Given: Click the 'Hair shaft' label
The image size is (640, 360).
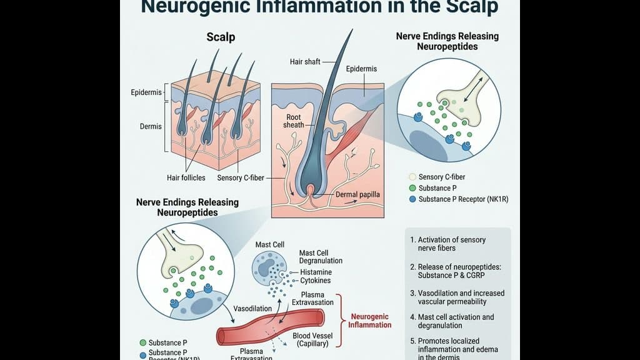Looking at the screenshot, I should pyautogui.click(x=306, y=61).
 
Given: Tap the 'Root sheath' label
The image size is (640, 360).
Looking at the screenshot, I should pyautogui.click(x=294, y=121).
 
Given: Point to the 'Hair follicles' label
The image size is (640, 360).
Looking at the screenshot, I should pyautogui.click(x=186, y=177).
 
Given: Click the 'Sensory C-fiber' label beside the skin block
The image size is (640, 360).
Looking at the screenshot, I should pyautogui.click(x=241, y=177).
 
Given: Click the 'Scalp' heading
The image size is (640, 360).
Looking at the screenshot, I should pyautogui.click(x=221, y=37).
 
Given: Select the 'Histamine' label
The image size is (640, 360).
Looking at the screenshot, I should pyautogui.click(x=316, y=272).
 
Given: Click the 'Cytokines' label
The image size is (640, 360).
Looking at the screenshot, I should pyautogui.click(x=316, y=281).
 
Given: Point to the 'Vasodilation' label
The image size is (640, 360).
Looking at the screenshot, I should pyautogui.click(x=252, y=309).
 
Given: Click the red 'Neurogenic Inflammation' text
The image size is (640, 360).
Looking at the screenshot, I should pyautogui.click(x=370, y=320).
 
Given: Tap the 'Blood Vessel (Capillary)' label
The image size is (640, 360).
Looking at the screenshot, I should pyautogui.click(x=312, y=339).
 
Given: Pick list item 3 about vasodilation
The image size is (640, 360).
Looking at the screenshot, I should pyautogui.click(x=457, y=297).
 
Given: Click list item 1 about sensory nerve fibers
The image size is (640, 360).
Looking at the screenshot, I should pyautogui.click(x=447, y=244).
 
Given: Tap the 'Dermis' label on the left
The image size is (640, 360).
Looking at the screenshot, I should pyautogui.click(x=151, y=126).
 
